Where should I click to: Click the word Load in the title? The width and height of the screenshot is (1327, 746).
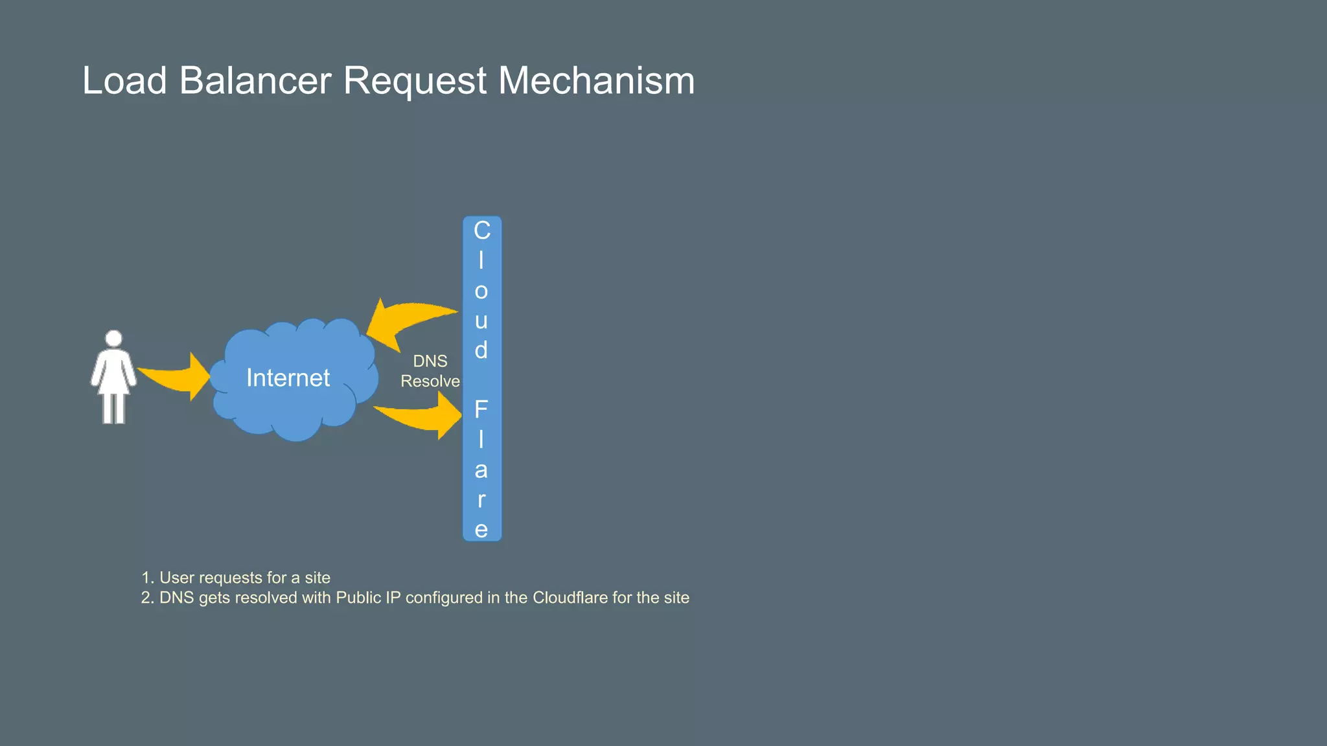[124, 81]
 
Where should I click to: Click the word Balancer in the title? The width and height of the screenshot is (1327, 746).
[255, 81]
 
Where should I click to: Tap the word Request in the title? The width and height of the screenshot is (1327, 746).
[414, 81]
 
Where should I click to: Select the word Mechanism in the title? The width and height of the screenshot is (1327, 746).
[596, 81]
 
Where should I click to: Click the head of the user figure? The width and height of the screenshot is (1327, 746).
[113, 339]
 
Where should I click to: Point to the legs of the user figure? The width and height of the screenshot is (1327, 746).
[113, 408]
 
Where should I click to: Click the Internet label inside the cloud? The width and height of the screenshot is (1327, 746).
[288, 378]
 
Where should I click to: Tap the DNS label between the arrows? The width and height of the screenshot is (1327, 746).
[430, 361]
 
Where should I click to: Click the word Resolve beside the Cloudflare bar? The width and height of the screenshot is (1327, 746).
[430, 381]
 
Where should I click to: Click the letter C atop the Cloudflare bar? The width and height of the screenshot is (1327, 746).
[481, 231]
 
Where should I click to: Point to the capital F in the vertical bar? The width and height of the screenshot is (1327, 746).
[481, 409]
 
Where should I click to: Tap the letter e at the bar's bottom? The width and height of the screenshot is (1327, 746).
[481, 529]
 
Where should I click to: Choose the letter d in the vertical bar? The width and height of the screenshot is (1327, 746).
[481, 350]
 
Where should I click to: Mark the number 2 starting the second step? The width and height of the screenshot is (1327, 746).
[146, 598]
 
